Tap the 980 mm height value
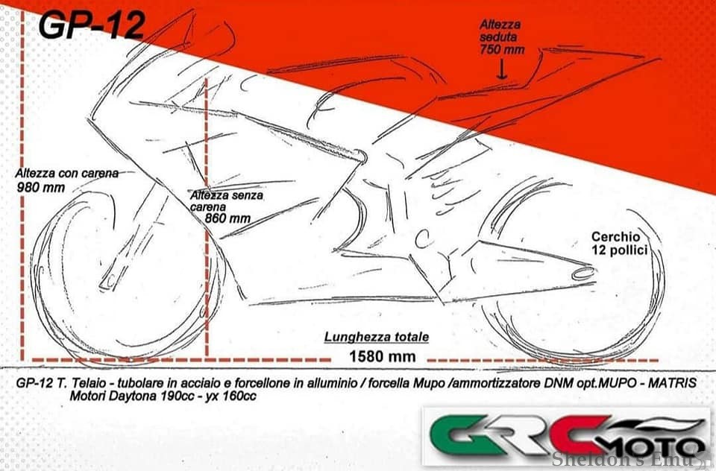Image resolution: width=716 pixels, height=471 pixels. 40,187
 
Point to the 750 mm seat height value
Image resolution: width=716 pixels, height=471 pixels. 503,50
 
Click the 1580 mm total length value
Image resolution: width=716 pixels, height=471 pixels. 382,356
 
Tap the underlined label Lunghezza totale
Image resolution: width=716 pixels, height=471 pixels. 376,337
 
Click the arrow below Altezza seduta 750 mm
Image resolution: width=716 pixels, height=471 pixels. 502,70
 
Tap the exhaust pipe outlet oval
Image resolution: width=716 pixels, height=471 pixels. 583,274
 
